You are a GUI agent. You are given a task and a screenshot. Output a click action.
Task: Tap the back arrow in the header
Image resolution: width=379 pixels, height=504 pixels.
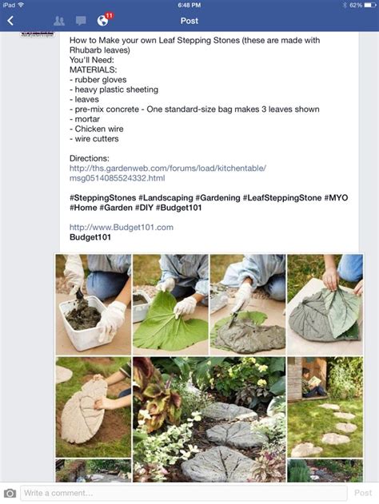(10, 21)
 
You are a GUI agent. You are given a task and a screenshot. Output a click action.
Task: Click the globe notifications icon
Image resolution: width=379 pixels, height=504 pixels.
(102, 21)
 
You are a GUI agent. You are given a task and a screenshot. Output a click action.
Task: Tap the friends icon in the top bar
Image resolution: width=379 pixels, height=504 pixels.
(59, 21)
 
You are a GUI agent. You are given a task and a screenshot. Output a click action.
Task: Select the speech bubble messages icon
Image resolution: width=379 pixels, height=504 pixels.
(81, 21)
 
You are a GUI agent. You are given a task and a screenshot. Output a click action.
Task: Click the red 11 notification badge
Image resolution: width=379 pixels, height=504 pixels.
(109, 15)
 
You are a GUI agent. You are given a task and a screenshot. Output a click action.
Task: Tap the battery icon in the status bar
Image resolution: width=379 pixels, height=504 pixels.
(370, 5)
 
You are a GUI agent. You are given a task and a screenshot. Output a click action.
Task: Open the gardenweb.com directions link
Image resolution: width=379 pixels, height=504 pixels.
(168, 173)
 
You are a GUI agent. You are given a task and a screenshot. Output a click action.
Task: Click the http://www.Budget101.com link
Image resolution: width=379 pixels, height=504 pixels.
(122, 228)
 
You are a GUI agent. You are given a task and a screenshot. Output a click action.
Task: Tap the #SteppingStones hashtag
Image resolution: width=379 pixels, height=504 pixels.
(102, 197)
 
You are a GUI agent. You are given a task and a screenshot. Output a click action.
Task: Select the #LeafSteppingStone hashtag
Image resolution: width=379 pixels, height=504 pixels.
(282, 197)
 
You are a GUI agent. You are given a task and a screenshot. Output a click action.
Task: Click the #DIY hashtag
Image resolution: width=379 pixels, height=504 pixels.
(144, 208)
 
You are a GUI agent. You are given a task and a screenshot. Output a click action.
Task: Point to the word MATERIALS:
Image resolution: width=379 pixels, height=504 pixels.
(93, 69)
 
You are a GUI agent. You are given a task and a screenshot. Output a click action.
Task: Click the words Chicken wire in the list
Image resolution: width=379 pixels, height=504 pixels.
(99, 129)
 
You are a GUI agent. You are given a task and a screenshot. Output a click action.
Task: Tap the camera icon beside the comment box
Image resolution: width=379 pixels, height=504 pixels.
(10, 493)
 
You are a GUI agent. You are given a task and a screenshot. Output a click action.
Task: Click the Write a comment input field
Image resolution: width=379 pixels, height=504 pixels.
(184, 493)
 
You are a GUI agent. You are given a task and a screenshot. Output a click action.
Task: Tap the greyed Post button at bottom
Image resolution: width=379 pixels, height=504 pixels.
(363, 493)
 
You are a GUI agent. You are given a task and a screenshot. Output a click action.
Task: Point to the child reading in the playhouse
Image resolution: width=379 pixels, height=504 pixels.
(309, 382)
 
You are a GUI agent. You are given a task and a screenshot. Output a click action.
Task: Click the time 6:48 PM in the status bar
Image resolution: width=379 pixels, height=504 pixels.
(189, 5)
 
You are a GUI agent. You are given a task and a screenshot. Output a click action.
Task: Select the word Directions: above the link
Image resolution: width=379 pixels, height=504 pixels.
(89, 158)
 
